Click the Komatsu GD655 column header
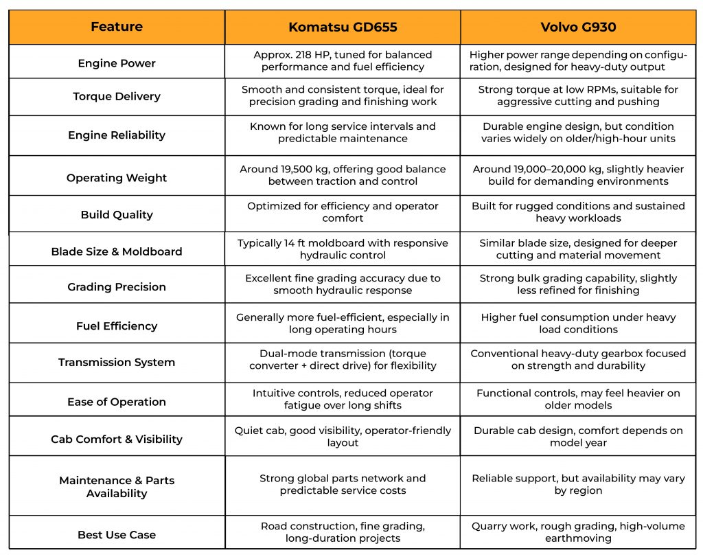(343, 27)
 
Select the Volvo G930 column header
(577, 27)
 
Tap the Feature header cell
(117, 27)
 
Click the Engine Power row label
(117, 63)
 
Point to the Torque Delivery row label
(117, 96)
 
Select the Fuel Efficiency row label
(117, 326)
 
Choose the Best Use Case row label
(117, 534)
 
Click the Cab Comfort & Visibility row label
(117, 440)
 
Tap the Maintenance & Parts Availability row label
(117, 487)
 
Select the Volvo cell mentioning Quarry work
(577, 532)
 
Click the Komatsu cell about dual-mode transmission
(343, 359)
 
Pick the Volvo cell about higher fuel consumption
(577, 323)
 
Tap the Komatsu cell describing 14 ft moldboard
(343, 249)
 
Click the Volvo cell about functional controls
(577, 399)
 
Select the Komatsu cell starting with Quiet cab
(343, 437)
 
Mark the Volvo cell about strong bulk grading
(577, 284)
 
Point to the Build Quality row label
(117, 214)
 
